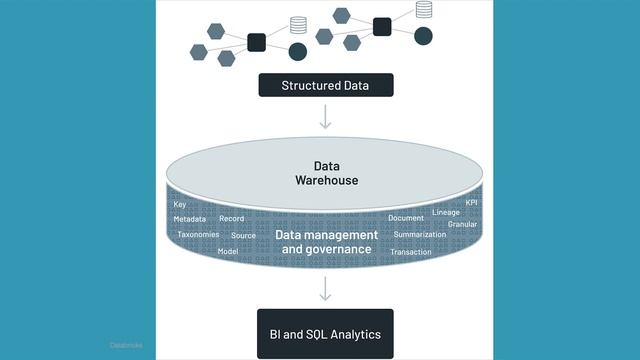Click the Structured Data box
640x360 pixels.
coord(326,85)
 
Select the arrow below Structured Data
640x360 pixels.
coord(326,118)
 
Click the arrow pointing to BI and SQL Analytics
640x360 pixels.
coord(326,289)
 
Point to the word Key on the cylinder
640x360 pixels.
coord(180,204)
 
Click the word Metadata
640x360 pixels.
coord(190,218)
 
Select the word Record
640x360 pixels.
coord(231,218)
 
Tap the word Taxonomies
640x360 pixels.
coord(198,235)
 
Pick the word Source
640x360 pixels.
coord(243,236)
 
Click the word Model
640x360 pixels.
coord(228,251)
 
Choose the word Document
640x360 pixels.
coord(406,218)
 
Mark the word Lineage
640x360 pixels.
coord(446,212)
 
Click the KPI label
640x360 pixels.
coord(472,202)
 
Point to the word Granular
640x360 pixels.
coord(462,224)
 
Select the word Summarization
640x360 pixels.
coord(420,234)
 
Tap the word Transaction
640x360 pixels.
coord(411,252)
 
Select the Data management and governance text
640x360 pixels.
coord(326,242)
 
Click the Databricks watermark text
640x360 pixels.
coord(126,344)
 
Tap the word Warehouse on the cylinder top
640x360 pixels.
coord(326,181)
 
